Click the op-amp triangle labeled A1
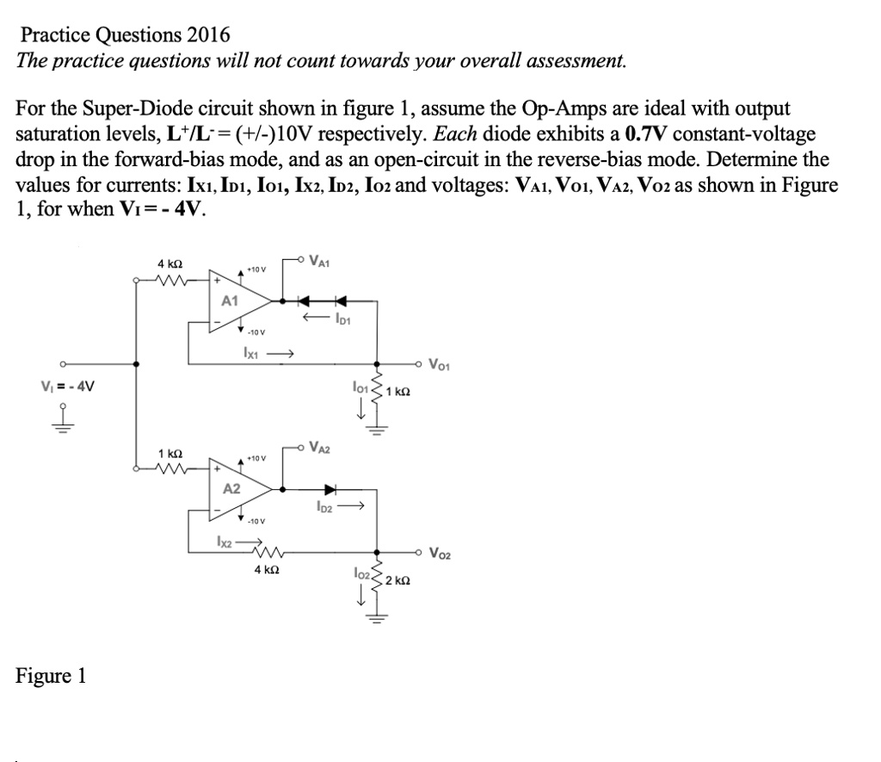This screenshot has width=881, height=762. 237,300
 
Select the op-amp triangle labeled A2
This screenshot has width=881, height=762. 237,488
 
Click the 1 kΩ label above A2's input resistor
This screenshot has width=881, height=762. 169,453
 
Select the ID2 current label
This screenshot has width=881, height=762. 327,508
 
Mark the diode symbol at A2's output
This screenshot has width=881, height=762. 330,488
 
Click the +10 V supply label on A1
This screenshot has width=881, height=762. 256,269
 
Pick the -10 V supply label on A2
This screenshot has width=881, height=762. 256,520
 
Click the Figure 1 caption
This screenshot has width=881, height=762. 51,675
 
